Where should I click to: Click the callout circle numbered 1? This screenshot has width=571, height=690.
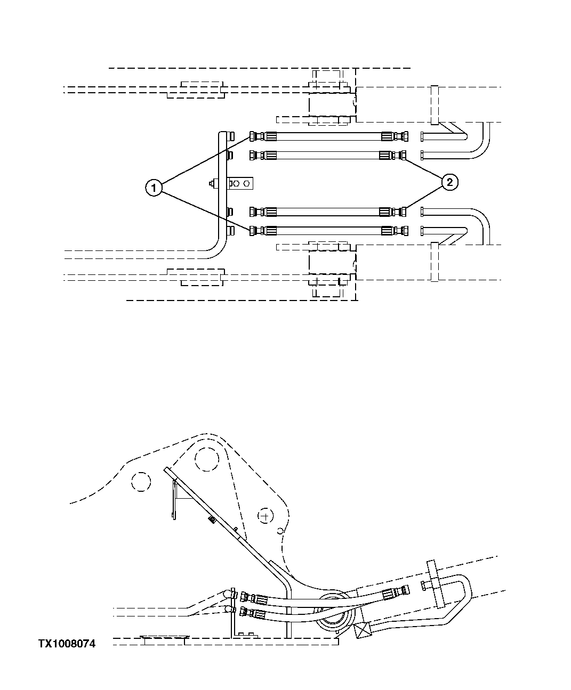click(x=154, y=188)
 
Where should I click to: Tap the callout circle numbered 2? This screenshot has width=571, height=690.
click(x=449, y=182)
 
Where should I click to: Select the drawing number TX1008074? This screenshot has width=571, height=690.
click(x=67, y=644)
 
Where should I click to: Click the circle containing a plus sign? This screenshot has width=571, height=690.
click(x=265, y=516)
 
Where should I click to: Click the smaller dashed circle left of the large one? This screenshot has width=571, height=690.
click(x=141, y=482)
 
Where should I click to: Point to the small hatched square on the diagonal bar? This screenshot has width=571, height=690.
click(x=212, y=519)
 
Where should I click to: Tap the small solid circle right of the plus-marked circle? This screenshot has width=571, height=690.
click(x=282, y=530)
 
